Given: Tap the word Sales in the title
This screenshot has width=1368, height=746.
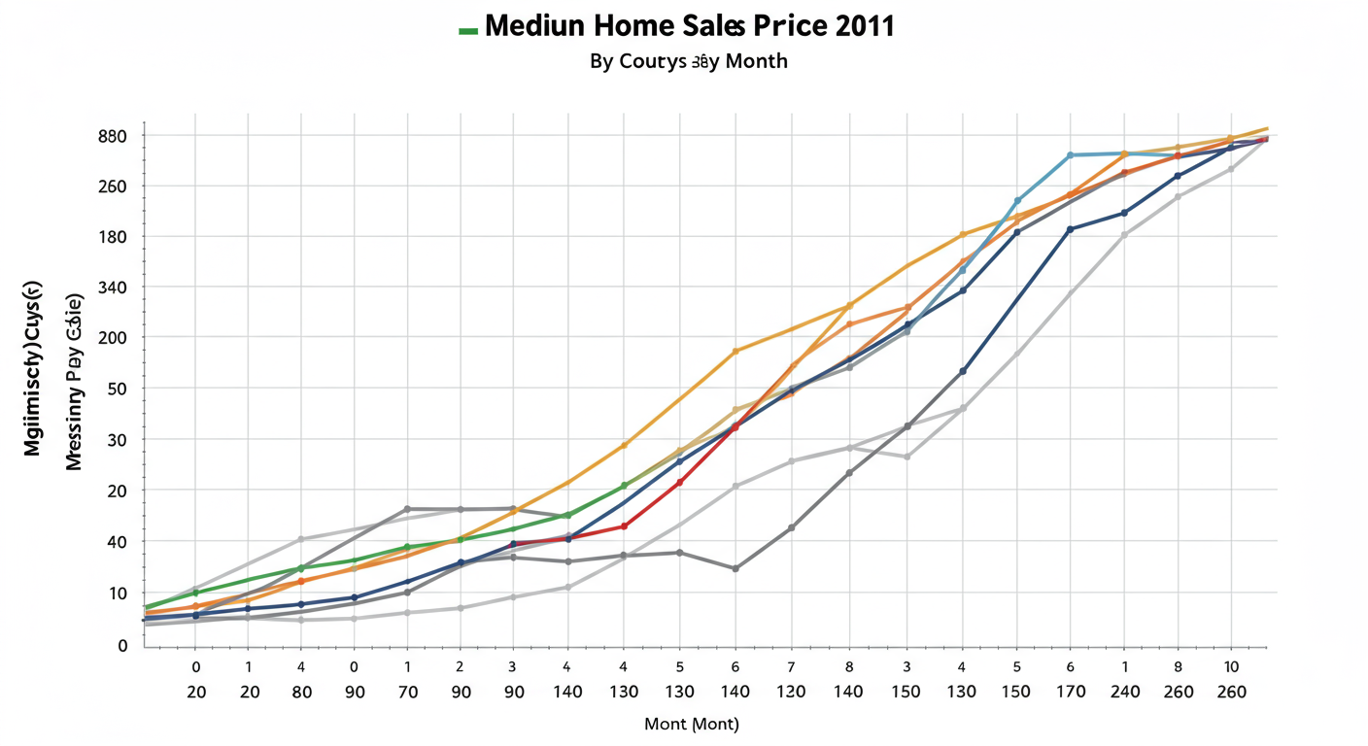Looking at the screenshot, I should click(723, 26).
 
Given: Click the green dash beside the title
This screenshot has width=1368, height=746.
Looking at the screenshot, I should click(467, 30).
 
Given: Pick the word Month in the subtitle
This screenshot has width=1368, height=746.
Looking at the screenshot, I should click(752, 61).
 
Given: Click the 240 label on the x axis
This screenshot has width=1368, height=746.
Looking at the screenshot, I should click(1125, 693).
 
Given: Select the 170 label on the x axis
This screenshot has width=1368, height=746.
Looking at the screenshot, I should click(1071, 693).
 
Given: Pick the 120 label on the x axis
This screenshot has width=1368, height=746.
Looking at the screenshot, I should click(792, 693).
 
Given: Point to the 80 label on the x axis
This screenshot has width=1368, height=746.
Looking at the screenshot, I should click(301, 693).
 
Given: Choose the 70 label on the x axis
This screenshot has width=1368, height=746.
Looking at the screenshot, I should click(407, 693).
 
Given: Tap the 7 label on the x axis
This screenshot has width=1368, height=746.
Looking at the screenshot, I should click(791, 667).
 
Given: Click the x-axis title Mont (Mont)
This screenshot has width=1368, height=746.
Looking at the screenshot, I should click(692, 725).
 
